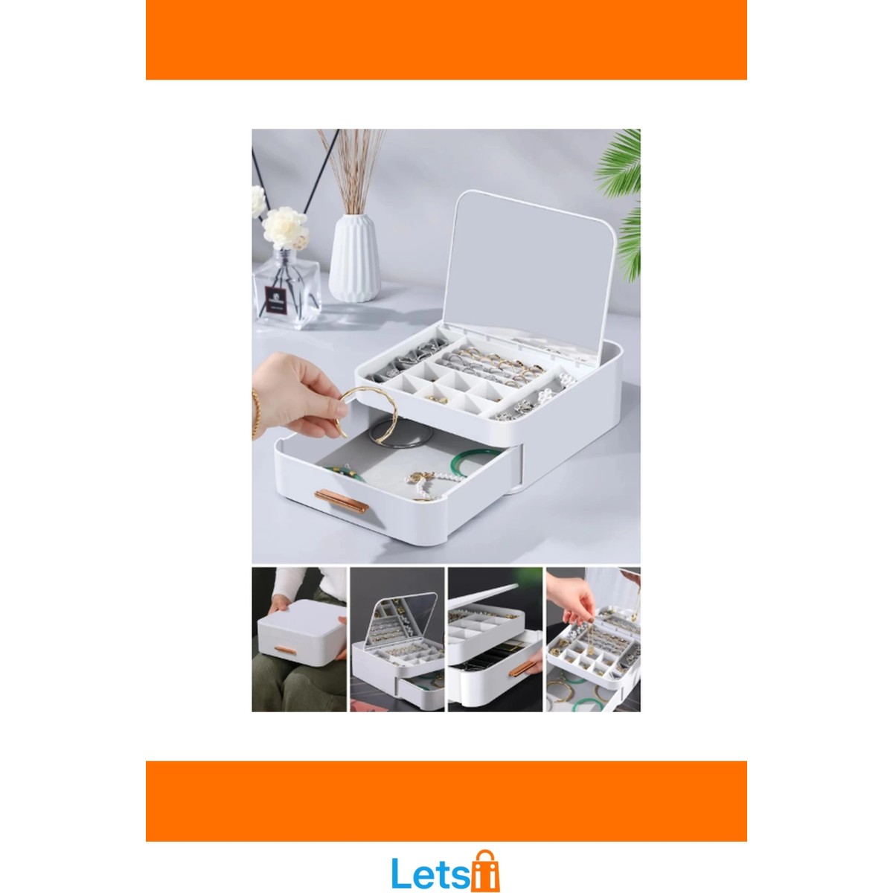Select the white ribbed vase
354,257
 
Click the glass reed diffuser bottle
287,288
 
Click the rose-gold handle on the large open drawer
341,501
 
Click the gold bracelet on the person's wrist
255,414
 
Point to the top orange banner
446,40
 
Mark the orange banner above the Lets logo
446,801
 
